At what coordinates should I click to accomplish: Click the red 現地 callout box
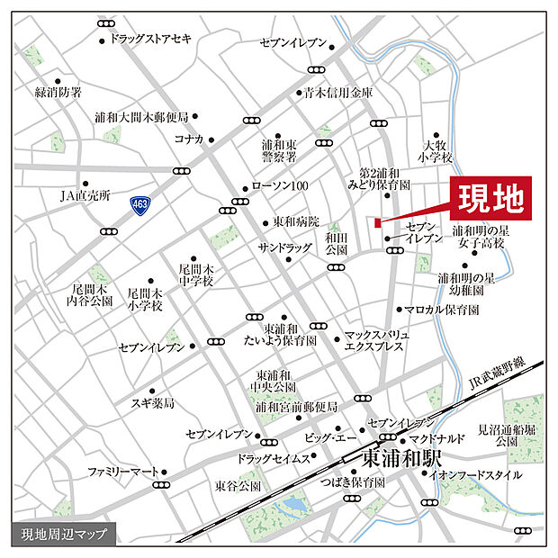(x=490, y=197)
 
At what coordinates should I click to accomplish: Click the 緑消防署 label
(x=58, y=93)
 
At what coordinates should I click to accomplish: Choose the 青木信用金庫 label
(x=338, y=92)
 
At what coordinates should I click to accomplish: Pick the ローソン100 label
(x=280, y=186)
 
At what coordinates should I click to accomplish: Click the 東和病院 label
(x=297, y=222)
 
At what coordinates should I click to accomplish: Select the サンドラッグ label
(x=282, y=247)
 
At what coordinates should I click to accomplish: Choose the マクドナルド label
(x=436, y=438)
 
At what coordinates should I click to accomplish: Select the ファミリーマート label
(x=122, y=472)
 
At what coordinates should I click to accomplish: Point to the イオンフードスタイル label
(x=476, y=474)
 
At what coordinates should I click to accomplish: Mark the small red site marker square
(x=377, y=222)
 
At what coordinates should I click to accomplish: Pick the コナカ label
(x=189, y=139)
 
